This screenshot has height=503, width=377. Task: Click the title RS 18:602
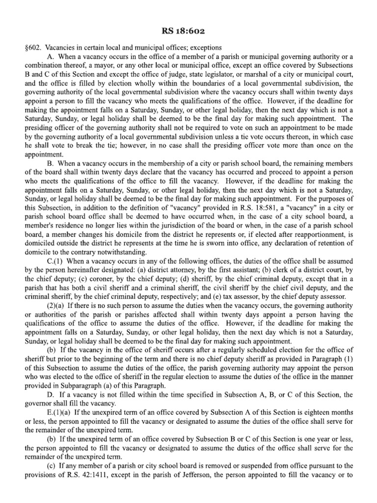point(188,32)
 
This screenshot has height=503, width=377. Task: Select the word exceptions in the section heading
point(206,48)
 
